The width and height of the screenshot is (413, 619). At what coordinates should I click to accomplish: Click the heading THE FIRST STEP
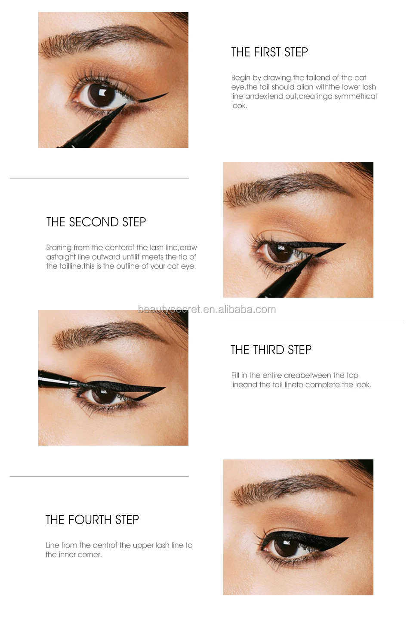[x=269, y=52]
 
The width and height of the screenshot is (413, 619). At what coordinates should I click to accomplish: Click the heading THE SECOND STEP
[x=96, y=222]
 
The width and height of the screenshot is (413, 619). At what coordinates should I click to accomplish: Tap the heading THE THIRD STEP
[x=271, y=350]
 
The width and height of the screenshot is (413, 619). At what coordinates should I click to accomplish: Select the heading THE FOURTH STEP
[x=92, y=520]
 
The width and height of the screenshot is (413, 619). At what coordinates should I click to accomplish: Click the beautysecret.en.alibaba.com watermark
[x=206, y=309]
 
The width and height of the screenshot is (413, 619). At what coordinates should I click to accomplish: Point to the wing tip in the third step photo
[x=163, y=388]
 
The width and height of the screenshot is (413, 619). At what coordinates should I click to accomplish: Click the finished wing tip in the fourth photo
[x=347, y=538]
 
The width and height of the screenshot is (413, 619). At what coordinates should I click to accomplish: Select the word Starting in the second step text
[x=59, y=248]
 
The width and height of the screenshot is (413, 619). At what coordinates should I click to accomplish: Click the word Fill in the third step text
[x=235, y=375]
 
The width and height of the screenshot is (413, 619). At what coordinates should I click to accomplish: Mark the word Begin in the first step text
[x=240, y=78]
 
